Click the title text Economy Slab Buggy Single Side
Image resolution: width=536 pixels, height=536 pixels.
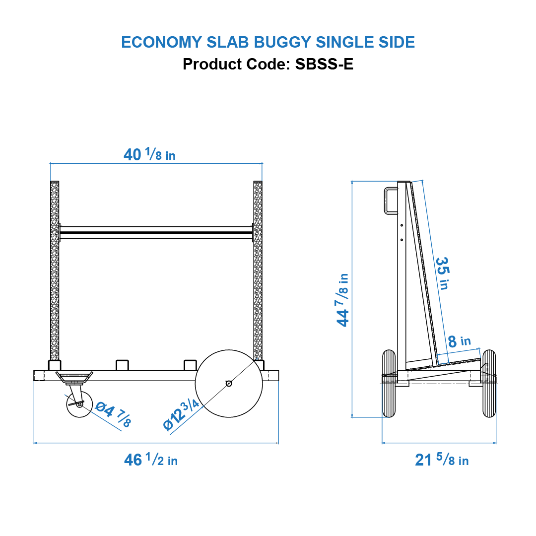[268, 42]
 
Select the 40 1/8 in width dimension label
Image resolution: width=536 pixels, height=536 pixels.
[149, 155]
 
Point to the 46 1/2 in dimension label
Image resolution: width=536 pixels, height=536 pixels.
[151, 460]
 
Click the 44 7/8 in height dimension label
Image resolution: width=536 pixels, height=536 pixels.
[343, 299]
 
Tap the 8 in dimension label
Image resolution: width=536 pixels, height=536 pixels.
[459, 341]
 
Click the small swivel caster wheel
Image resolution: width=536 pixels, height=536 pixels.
[79, 404]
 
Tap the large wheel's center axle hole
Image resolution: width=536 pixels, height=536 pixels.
[228, 383]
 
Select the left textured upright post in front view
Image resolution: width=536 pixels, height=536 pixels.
[55, 270]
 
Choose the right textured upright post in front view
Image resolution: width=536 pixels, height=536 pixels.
[258, 270]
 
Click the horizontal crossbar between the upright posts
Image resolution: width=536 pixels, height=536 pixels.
[156, 233]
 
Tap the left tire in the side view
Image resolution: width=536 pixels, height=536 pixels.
[389, 384]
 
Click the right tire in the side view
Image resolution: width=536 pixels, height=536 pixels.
[489, 384]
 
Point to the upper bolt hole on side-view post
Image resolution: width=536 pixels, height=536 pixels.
[402, 225]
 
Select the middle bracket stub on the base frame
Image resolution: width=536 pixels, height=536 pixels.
[122, 365]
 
